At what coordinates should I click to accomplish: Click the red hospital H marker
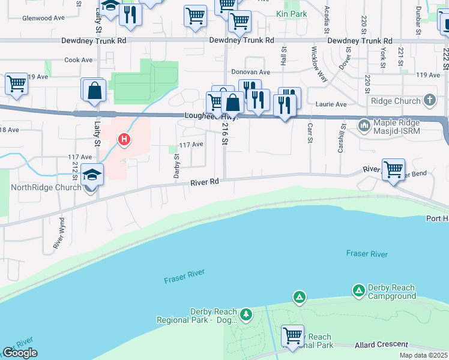(x=124, y=140)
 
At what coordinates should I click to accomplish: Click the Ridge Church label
(x=396, y=101)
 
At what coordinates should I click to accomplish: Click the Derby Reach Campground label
(x=392, y=292)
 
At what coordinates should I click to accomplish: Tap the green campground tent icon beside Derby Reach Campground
(x=359, y=290)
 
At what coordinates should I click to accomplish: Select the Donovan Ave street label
(x=250, y=72)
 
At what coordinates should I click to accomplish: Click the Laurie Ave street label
(x=332, y=104)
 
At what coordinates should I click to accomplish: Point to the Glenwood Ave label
(x=43, y=18)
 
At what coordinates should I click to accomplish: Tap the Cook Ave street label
(x=79, y=60)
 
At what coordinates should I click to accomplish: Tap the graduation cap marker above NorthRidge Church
(x=93, y=173)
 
